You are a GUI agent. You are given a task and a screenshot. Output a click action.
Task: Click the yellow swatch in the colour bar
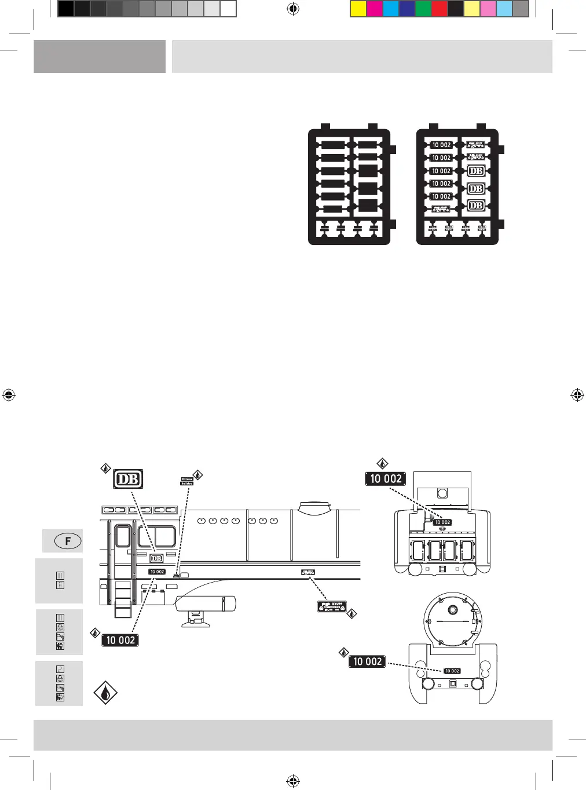click(x=358, y=9)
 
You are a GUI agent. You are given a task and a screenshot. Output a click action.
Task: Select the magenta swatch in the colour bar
click(x=375, y=9)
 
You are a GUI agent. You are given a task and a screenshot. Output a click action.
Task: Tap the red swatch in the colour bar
click(x=439, y=9)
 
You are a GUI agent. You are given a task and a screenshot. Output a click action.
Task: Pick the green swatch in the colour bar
click(x=423, y=9)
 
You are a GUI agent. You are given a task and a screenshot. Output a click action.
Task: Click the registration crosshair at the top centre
click(x=293, y=9)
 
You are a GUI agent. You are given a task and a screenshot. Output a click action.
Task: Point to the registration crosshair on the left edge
click(x=9, y=395)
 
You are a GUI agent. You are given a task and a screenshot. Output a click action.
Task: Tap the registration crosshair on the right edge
click(x=577, y=395)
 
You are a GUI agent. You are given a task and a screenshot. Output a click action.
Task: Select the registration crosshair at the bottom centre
click(x=293, y=782)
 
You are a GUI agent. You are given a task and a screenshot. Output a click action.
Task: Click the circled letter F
click(x=68, y=541)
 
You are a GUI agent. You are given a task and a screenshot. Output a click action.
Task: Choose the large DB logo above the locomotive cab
click(x=128, y=479)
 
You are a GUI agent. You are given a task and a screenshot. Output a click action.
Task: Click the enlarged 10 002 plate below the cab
click(x=120, y=640)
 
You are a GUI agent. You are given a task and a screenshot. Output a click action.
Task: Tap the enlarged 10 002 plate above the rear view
click(x=386, y=479)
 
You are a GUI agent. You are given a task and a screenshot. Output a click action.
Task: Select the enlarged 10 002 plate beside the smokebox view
click(x=367, y=661)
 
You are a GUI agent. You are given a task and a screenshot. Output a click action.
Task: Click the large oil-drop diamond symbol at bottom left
click(x=105, y=693)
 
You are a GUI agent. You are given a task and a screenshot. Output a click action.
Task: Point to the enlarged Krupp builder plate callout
click(x=332, y=606)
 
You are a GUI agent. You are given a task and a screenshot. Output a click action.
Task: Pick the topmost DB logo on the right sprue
click(x=475, y=171)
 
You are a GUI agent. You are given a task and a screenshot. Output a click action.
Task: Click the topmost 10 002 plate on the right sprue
click(x=441, y=145)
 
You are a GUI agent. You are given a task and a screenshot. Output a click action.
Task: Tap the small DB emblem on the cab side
click(x=156, y=558)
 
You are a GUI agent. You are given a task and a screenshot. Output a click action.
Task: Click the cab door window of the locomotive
click(x=123, y=536)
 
